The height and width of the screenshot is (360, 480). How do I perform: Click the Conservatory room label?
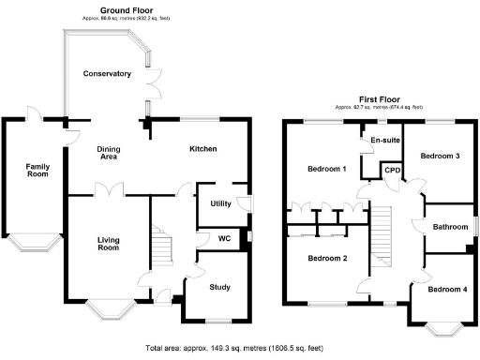pyautogui.click(x=106, y=74)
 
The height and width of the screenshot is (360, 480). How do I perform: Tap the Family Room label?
pyautogui.click(x=37, y=170)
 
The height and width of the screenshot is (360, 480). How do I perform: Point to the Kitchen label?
pyautogui.click(x=203, y=149)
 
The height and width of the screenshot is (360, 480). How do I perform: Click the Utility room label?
pyautogui.click(x=220, y=203)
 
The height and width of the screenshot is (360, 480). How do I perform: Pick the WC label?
pyautogui.click(x=223, y=238)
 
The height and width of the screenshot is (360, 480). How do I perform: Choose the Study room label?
pyautogui.click(x=220, y=287)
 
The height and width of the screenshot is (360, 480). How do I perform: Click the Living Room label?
pyautogui.click(x=109, y=244)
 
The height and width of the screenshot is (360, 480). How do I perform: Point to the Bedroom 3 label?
pyautogui.click(x=439, y=156)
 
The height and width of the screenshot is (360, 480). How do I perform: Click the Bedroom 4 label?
pyautogui.click(x=447, y=290)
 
